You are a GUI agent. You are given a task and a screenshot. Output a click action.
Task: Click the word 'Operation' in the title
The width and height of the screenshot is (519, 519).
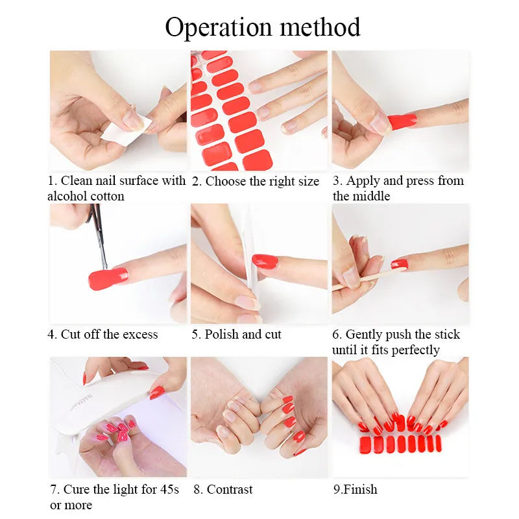219,28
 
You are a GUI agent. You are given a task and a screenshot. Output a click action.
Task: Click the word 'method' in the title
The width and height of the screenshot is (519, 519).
320,27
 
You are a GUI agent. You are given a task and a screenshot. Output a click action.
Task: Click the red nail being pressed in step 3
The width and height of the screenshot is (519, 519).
402,121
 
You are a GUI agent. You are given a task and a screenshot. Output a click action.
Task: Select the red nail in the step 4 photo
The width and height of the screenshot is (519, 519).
108,279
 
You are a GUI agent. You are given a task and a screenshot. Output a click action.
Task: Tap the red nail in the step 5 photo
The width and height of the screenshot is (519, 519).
265,261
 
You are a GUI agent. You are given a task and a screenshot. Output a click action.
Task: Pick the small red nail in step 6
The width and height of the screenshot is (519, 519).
400,264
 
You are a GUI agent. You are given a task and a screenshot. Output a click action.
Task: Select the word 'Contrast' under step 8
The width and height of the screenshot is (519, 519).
230,489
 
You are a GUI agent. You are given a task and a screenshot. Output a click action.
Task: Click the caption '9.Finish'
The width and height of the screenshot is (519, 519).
355,489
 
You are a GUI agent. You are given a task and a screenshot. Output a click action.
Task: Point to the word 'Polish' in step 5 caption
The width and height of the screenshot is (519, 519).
221,334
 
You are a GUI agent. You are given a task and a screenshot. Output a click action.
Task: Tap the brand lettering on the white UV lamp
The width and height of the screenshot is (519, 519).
82,402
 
